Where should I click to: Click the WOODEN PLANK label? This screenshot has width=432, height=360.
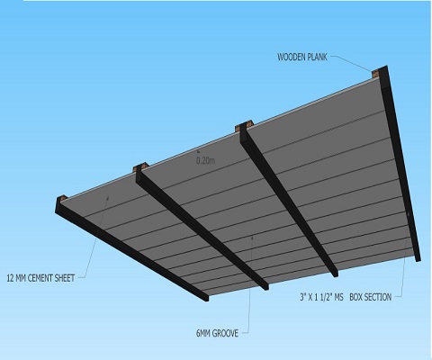point(302,57)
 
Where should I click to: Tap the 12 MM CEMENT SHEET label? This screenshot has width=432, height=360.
point(40,278)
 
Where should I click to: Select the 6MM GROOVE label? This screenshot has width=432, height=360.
point(217,333)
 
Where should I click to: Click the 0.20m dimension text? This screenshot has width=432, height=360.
point(206,160)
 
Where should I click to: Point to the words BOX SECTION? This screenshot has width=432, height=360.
point(371,297)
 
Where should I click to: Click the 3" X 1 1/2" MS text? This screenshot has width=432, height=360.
point(321,297)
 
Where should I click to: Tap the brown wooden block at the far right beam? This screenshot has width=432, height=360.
point(374,73)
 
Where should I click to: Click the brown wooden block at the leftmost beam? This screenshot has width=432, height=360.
point(62,198)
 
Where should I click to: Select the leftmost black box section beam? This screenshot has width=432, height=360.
point(132,249)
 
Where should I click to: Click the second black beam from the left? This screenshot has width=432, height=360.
point(202,227)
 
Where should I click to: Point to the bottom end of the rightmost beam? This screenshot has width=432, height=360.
point(418,258)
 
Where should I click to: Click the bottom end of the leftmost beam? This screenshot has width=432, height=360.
point(207,298)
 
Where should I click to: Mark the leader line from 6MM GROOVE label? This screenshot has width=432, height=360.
point(249,285)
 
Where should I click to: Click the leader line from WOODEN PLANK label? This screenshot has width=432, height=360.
point(352,63)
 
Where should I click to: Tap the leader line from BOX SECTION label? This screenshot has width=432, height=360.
point(405,255)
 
